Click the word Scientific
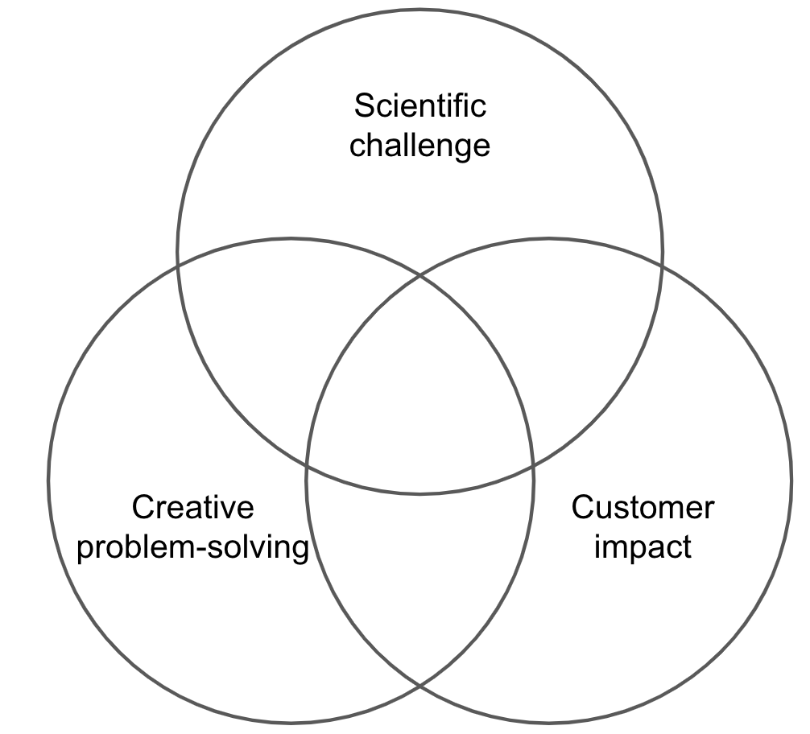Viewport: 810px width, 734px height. [420, 105]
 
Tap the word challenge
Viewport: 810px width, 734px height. [420, 146]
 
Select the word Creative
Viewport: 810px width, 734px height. [193, 508]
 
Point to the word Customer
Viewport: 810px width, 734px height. [643, 508]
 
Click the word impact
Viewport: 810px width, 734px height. [643, 548]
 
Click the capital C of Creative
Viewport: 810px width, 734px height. [143, 508]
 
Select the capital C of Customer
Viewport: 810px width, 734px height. [583, 508]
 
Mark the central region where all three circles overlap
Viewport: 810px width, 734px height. [419, 386]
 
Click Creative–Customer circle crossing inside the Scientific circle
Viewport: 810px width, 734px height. [419, 275]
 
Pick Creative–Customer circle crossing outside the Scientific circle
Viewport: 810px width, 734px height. [419, 687]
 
